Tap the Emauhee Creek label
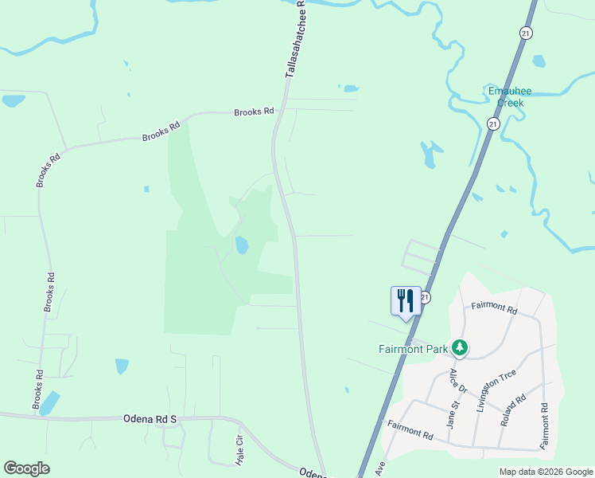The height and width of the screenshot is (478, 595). pyautogui.click(x=510, y=96)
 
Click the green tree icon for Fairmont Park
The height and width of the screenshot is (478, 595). pyautogui.click(x=459, y=347)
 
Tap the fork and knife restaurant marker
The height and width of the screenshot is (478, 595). pyautogui.click(x=406, y=301)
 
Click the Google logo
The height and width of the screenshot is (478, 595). pyautogui.click(x=26, y=468)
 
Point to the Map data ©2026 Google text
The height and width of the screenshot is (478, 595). pyautogui.click(x=546, y=472)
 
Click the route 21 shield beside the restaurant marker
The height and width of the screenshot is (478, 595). pyautogui.click(x=426, y=297)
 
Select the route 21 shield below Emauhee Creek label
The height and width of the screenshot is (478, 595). pyautogui.click(x=493, y=123)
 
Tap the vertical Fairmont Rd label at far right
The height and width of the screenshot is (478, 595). pyautogui.click(x=546, y=429)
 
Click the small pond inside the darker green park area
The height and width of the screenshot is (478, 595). pyautogui.click(x=242, y=245)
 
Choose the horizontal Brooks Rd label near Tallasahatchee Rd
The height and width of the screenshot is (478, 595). pyautogui.click(x=254, y=112)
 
